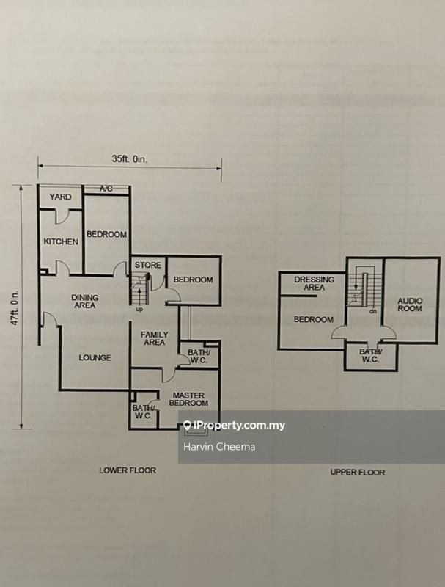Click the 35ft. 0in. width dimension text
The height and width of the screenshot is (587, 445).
[x=129, y=157]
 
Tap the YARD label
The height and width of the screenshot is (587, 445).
[x=59, y=197]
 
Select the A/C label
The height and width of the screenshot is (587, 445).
[x=107, y=189]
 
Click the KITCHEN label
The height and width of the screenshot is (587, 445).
[x=60, y=242]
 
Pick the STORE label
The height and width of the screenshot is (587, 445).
[x=147, y=264]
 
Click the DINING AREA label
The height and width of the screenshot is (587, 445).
[x=85, y=302]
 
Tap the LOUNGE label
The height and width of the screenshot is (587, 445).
[x=95, y=358]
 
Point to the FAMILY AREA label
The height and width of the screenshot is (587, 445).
[x=155, y=339]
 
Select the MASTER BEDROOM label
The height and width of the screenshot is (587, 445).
[x=189, y=399]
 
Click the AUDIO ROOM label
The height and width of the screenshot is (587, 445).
[x=410, y=305]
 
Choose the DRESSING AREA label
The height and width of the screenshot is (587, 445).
[x=314, y=283]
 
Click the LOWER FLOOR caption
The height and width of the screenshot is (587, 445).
[x=128, y=470]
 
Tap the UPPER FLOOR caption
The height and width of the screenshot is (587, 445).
[x=358, y=473]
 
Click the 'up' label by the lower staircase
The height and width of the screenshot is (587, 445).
[x=139, y=309]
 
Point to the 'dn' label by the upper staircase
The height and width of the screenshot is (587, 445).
[x=372, y=311]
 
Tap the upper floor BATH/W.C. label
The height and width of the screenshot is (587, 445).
[x=369, y=355]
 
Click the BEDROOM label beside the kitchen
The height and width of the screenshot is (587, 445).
[x=106, y=235]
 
